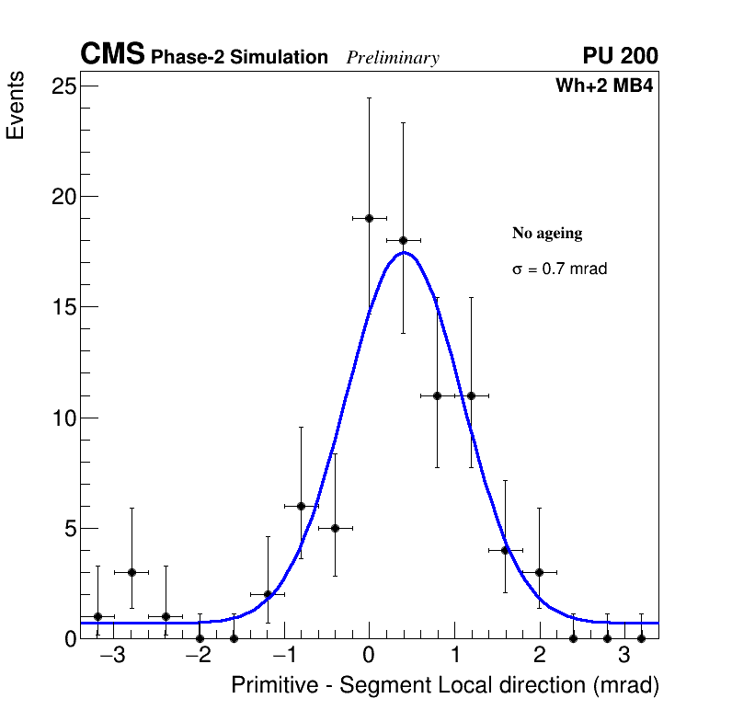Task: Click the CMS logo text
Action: pos(112,55)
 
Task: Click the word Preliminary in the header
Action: pos(393,58)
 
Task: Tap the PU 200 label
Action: pos(620,56)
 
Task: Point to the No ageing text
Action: pos(547,234)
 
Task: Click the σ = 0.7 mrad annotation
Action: pos(559,269)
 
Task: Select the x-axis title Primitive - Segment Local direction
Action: pos(445,686)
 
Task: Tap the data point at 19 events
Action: pos(369,218)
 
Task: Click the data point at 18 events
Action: pos(403,240)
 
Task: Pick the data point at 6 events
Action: pos(301,506)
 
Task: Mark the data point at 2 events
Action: pos(268,594)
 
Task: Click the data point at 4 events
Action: pos(505,550)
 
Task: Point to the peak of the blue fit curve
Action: pos(403,252)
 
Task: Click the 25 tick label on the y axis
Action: pos(63,86)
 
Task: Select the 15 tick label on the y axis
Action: pos(63,307)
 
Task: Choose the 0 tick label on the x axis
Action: pos(369,657)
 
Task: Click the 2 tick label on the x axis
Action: pos(539,657)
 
